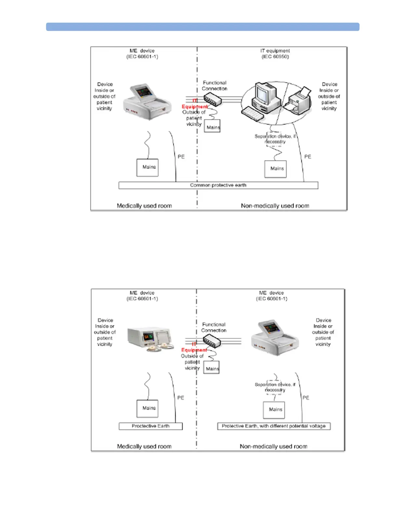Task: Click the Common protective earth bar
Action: pos(218,185)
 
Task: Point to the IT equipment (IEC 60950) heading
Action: pos(275,54)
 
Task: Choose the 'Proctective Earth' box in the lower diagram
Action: pos(151,426)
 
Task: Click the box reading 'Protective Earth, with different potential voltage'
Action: pos(274,426)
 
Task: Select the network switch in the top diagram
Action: pos(213,99)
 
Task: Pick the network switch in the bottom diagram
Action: pos(212,341)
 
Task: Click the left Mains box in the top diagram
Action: pos(148,167)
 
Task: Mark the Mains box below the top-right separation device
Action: pos(276,169)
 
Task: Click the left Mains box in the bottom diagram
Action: pos(148,408)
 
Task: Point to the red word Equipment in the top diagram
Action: pos(194,107)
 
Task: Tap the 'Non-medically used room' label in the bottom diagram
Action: pos(273,446)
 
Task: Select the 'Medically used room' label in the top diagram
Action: pos(144,206)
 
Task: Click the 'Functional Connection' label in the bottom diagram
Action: pos(214,327)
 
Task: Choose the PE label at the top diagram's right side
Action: pos(308,157)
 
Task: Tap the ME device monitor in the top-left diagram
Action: pos(147,101)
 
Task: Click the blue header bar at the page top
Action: pos(203,27)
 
